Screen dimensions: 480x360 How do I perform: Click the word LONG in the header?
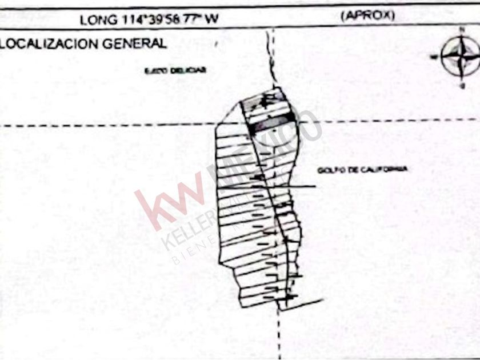click(93, 20)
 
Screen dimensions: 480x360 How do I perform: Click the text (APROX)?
click(367, 16)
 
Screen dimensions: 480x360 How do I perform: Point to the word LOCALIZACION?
click(52, 43)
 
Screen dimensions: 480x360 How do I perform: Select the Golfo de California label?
click(363, 170)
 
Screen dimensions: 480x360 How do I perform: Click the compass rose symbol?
click(461, 56)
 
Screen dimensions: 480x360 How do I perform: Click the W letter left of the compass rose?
click(434, 57)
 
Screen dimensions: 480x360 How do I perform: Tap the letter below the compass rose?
click(462, 85)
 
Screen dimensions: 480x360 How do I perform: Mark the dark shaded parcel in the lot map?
click(273, 125)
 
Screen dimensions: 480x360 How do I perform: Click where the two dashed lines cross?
click(274, 123)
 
